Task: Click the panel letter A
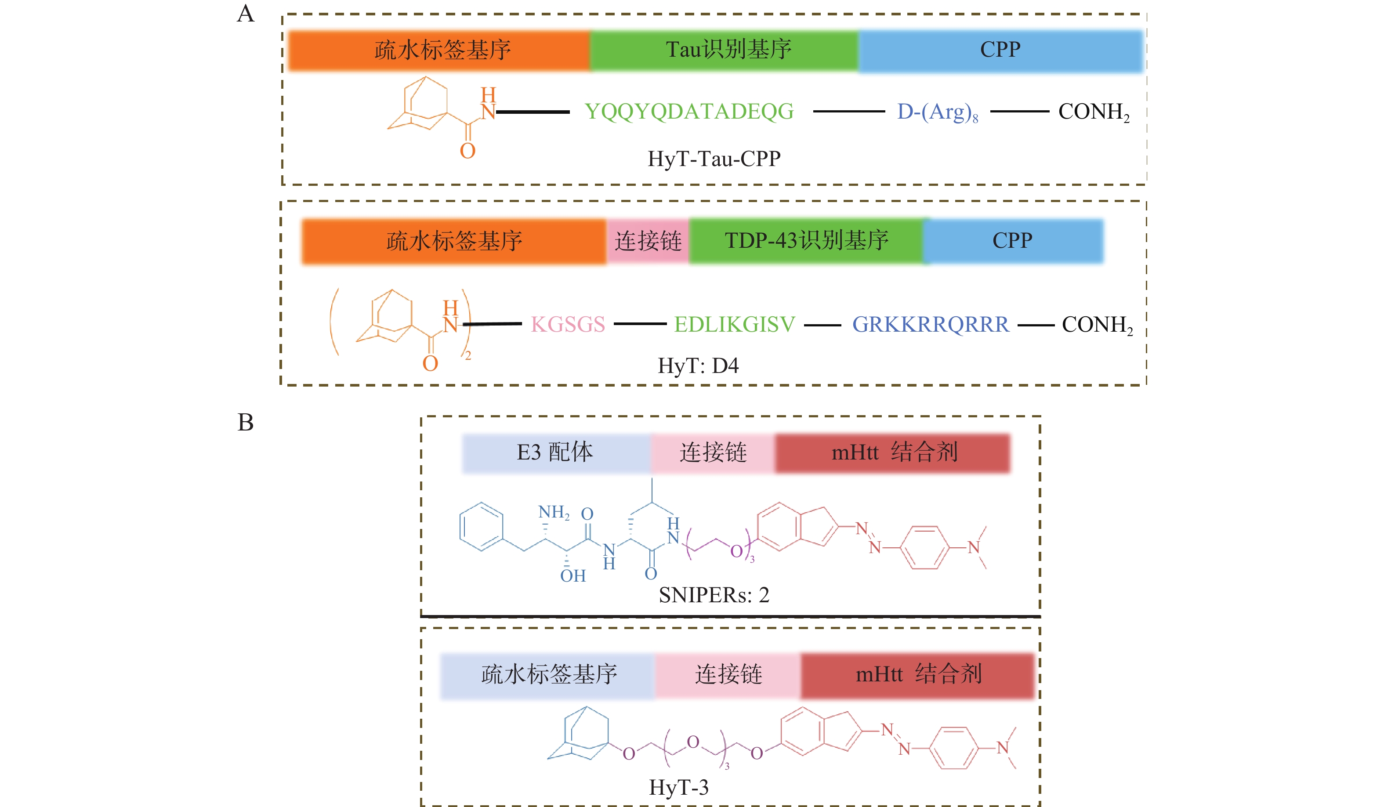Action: (x=246, y=14)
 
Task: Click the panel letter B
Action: (x=246, y=423)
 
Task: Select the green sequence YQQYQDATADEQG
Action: (x=689, y=112)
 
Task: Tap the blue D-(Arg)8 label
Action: (x=937, y=112)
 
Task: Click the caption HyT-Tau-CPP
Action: (x=714, y=159)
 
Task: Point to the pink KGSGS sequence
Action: (x=568, y=325)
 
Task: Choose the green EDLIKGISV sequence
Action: (x=734, y=325)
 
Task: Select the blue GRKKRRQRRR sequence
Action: (x=931, y=325)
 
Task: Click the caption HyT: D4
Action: (x=698, y=366)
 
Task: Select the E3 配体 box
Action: (x=556, y=452)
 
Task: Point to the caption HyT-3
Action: (x=679, y=787)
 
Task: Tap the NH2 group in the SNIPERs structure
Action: (x=554, y=512)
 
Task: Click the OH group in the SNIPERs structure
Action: (x=573, y=576)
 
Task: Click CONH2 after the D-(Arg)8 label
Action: (x=1094, y=112)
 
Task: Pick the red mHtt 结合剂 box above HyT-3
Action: (x=917, y=675)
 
